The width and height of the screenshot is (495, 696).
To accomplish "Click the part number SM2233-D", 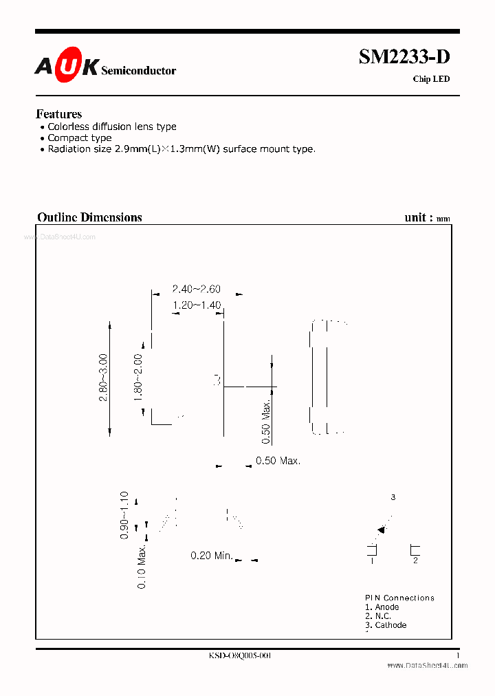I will click(x=404, y=58).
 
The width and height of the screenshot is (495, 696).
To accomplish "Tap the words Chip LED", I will click(x=431, y=79).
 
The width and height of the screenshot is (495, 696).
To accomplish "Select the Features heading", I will click(x=58, y=114).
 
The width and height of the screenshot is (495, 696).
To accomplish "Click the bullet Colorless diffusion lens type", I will click(x=111, y=127).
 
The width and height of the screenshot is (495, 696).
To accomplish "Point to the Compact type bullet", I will click(x=79, y=138).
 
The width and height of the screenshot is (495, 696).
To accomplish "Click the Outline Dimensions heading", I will click(x=89, y=217).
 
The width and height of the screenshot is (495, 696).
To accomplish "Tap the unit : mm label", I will click(x=427, y=217).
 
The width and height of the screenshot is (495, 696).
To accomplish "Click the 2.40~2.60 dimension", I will click(x=197, y=290).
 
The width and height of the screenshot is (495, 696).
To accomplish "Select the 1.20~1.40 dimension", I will click(x=197, y=305).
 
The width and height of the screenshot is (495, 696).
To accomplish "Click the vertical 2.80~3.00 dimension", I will click(x=104, y=378).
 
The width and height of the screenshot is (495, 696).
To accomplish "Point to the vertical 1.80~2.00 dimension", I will click(x=138, y=378).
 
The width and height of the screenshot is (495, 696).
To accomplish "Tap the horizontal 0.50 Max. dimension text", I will click(x=278, y=461).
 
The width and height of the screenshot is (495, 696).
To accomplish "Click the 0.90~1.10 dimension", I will click(x=124, y=515).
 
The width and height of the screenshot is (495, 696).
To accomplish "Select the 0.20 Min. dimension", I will click(x=212, y=555).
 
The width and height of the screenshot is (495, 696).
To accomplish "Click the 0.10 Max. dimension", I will click(x=142, y=566).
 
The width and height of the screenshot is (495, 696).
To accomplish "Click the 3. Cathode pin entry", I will click(x=386, y=625).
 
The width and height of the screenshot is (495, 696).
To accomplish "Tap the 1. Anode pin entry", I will click(x=382, y=607).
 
